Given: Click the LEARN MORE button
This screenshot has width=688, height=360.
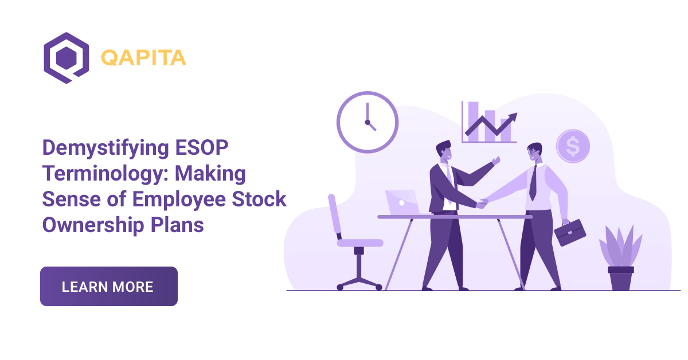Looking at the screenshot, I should (108, 286).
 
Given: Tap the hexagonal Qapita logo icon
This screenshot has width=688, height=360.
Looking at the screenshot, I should (66, 57).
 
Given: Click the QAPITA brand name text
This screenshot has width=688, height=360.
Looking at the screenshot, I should (143, 58).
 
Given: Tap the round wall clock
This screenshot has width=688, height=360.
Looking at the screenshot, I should (367, 122).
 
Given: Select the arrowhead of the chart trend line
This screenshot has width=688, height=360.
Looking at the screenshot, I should (513, 116).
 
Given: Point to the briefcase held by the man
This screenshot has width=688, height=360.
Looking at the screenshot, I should (569, 232).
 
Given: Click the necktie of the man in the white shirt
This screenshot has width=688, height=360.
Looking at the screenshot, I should (533, 182).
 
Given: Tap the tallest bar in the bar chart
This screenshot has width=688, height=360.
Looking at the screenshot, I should (473, 120).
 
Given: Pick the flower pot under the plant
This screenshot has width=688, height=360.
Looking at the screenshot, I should (620, 278).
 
